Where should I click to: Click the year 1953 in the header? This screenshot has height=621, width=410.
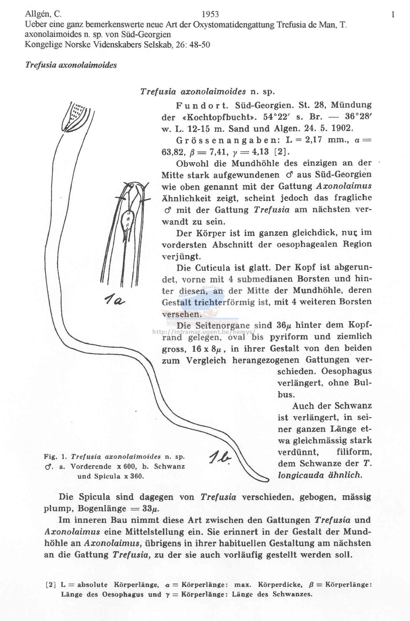click(x=210, y=14)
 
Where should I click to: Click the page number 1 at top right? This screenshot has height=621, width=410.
click(x=393, y=14)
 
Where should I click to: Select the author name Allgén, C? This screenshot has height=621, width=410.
click(x=43, y=14)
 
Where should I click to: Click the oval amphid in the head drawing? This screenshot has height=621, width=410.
click(x=127, y=220)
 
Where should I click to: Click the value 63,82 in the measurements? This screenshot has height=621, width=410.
click(x=172, y=152)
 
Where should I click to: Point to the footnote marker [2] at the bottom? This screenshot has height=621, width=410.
click(x=51, y=585)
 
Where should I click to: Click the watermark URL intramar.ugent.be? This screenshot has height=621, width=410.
click(x=204, y=332)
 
